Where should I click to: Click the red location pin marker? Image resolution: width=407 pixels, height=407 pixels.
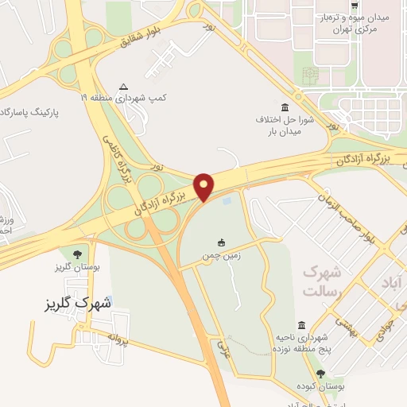pos(204,185)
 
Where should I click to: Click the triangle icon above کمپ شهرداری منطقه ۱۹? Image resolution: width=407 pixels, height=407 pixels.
pos(122,87)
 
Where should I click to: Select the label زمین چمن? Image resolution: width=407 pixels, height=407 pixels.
pos(221,258)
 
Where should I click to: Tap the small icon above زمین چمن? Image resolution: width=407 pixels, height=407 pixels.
pos(221,242)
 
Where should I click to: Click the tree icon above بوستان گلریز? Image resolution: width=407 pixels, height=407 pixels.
pos(77,255)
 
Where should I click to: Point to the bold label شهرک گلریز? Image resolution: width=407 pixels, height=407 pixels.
pos(78,304)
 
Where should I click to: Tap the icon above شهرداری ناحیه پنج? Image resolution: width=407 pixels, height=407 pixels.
pos(301,325)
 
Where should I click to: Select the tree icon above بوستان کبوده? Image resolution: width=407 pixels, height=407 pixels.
pos(320,373)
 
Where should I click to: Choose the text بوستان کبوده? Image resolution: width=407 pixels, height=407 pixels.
pos(321,387)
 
